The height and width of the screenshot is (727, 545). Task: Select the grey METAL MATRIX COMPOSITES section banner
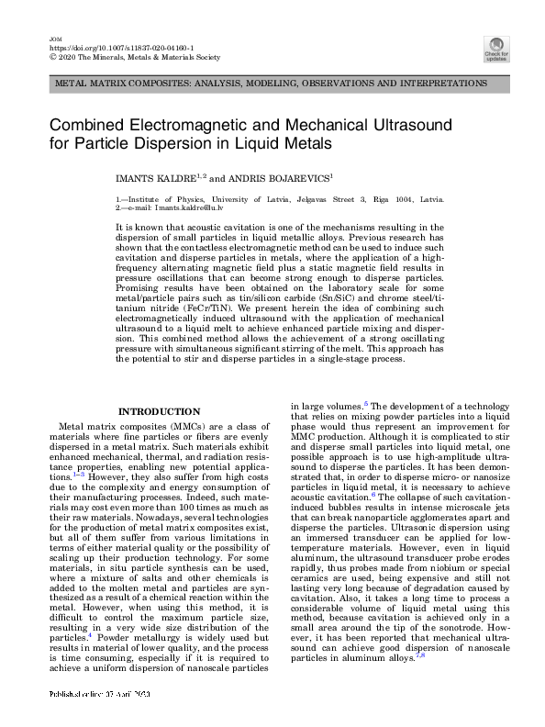[272, 84]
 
